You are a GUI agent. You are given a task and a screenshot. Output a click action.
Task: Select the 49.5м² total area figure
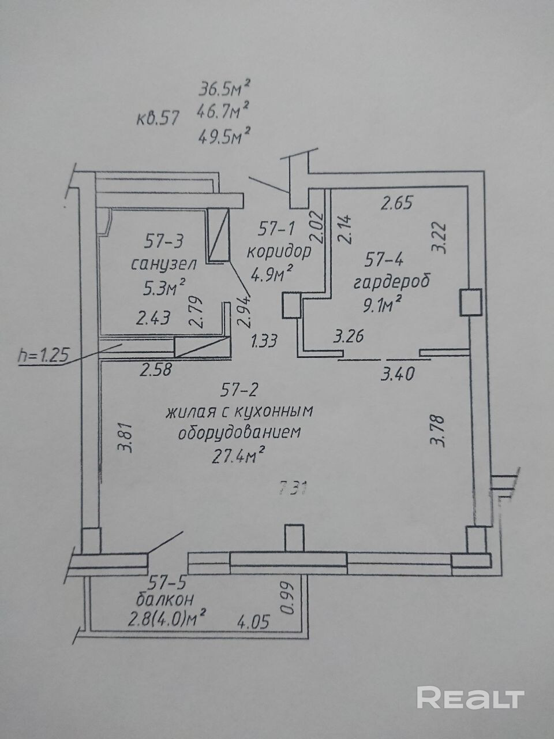point(224,136)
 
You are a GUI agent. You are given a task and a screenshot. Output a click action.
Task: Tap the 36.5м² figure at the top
point(224,88)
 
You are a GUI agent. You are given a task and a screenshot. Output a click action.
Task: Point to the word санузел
point(164,264)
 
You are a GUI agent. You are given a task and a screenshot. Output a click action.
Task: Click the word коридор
point(279,252)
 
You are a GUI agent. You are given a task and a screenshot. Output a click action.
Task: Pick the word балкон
point(162,598)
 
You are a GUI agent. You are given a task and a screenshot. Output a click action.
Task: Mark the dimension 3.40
point(398,375)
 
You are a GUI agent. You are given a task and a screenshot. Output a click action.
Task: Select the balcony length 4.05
point(253,622)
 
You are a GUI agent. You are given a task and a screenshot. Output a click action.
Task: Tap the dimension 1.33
point(264,341)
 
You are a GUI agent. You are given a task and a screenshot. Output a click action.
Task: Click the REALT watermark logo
point(470,697)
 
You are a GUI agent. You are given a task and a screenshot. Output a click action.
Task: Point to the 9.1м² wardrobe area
point(381,304)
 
